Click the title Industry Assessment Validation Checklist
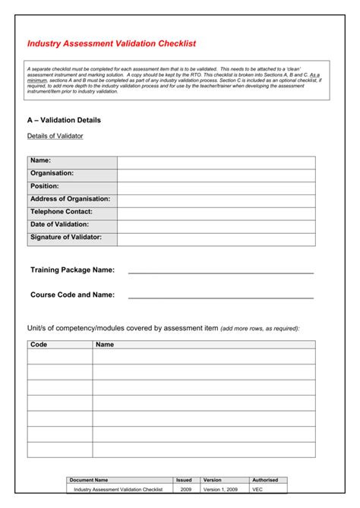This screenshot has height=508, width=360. (x=112, y=44)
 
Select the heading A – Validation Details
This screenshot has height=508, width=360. (x=64, y=120)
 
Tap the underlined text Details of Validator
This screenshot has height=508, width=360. (x=55, y=136)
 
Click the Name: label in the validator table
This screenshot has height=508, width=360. (x=41, y=160)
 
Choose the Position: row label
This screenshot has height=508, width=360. (x=45, y=186)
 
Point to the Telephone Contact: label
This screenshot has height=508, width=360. (x=62, y=212)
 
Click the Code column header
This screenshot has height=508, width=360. (x=39, y=344)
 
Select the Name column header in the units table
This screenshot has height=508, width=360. (x=105, y=344)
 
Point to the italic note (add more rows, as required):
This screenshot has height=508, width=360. (x=260, y=329)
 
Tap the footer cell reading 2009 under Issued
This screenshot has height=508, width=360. (x=185, y=489)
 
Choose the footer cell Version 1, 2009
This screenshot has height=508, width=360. (x=221, y=489)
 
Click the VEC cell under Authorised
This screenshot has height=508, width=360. (x=257, y=489)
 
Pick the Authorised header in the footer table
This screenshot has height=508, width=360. (x=265, y=480)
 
